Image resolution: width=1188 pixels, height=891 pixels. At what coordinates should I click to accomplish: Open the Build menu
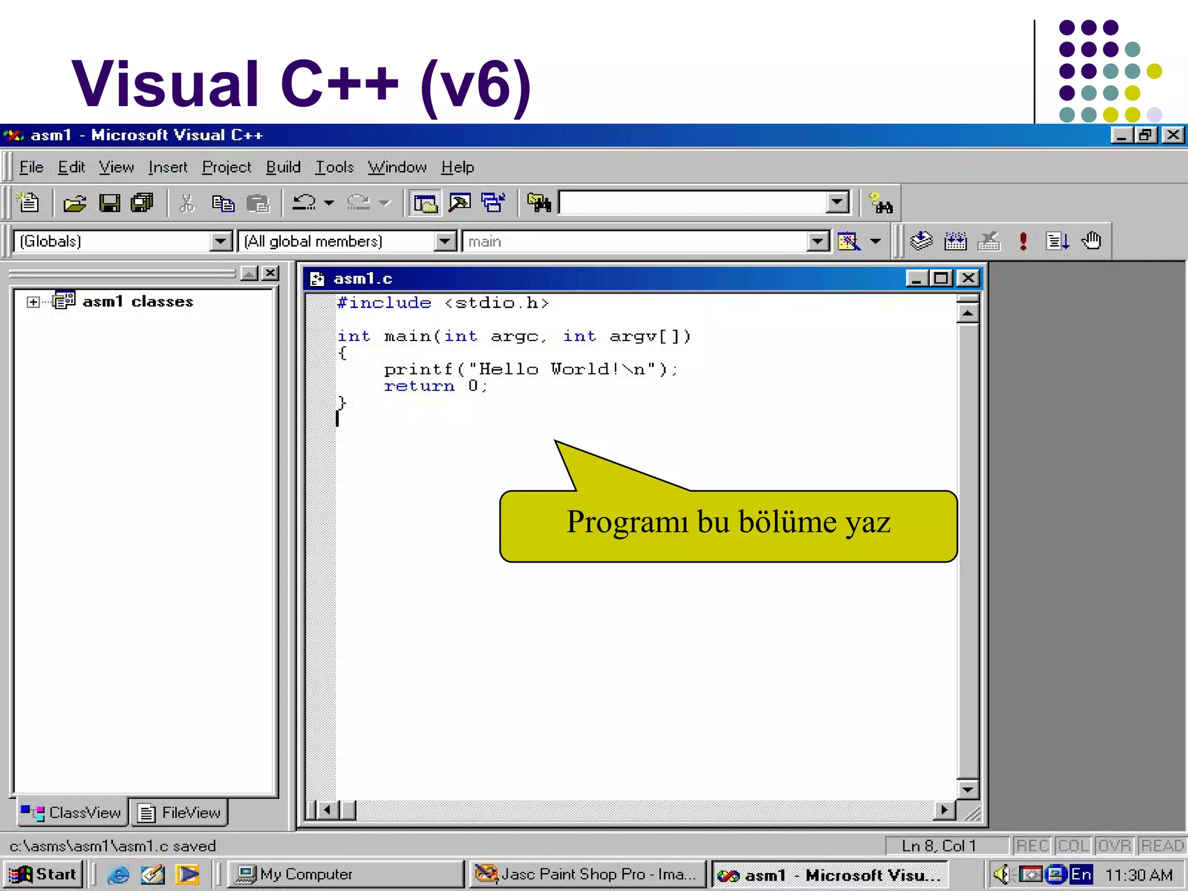(x=283, y=168)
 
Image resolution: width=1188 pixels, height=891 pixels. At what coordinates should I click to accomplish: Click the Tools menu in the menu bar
(x=334, y=168)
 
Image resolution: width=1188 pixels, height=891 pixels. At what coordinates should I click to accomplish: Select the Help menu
(x=457, y=168)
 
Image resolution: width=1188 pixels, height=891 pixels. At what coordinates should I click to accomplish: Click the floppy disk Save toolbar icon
(x=110, y=203)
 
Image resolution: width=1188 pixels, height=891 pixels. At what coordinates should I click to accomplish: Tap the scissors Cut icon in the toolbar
(x=187, y=203)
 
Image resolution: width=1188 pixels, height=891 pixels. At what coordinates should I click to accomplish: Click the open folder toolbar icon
(x=75, y=203)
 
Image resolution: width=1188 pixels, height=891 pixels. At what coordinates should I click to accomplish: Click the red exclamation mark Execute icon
(x=1023, y=241)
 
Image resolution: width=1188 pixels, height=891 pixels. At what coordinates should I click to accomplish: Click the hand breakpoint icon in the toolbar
(x=1091, y=241)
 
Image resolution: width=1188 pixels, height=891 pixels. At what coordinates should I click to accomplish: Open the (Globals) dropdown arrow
(x=220, y=241)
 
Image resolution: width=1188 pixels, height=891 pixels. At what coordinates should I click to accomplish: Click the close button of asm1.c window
(x=968, y=278)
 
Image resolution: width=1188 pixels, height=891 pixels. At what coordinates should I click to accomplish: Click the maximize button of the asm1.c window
(x=941, y=278)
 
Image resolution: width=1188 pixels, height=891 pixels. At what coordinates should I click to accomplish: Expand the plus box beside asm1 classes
(x=33, y=302)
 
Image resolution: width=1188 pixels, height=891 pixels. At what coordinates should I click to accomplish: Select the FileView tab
(x=180, y=813)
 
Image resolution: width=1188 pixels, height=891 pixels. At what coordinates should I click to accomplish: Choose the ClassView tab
(x=72, y=813)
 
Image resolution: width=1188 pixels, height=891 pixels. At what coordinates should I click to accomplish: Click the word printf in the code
(x=418, y=370)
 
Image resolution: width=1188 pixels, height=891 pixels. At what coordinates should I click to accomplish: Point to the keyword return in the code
(x=419, y=386)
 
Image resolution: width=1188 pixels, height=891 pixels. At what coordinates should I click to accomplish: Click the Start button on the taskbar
(x=44, y=874)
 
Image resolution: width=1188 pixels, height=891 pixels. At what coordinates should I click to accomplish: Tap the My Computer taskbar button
(x=347, y=874)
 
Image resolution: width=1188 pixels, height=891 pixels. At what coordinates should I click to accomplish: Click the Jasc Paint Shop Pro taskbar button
(x=587, y=874)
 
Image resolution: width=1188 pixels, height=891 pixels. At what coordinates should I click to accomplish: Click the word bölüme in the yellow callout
(x=787, y=522)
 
